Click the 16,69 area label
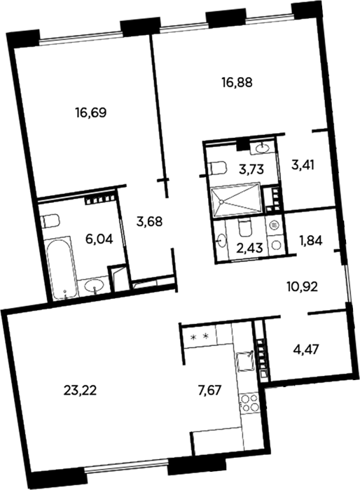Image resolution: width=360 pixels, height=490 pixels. pos(91,112)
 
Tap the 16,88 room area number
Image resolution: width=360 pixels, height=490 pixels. pos(237,83)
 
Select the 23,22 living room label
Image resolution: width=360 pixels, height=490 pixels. pos(80,391)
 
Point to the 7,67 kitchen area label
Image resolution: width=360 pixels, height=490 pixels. pos(211,390)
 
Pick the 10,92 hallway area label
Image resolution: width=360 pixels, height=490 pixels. pos(302,286)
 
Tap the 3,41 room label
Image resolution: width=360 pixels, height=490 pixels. pos(303,164)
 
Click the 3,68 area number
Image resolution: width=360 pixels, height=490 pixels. pos(149,222)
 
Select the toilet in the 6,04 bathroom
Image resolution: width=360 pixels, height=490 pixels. pos(50,222)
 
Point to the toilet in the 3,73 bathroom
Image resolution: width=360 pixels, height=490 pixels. pos(217,168)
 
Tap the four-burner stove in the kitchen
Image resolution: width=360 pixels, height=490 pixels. pos(249,402)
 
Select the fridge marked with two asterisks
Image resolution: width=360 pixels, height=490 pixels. pos(200,337)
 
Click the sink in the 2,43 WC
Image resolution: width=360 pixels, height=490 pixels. pos(221,241)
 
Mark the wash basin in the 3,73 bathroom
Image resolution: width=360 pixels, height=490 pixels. pos(263,149)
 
